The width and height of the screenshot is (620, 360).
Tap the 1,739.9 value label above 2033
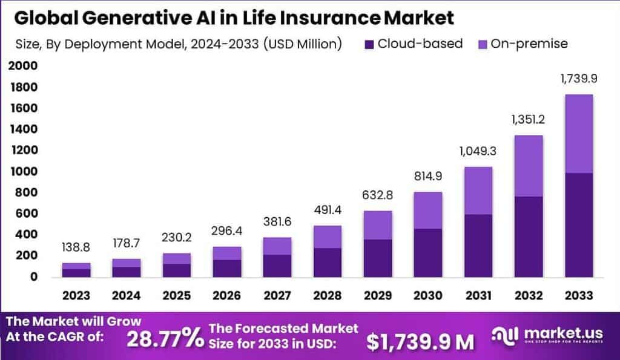[578, 79]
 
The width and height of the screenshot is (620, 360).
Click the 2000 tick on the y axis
[24, 67]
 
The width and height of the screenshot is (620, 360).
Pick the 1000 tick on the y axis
[24, 172]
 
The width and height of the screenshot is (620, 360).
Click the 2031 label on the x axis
[478, 295]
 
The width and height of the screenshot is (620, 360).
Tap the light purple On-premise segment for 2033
[578, 134]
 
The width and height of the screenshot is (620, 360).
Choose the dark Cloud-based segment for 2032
[528, 237]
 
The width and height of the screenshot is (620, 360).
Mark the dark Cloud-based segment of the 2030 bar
[427, 253]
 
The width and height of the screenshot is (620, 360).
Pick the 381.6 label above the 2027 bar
[277, 222]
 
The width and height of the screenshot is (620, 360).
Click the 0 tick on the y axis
[33, 277]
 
